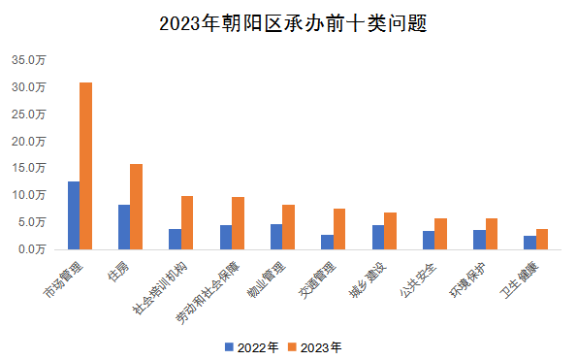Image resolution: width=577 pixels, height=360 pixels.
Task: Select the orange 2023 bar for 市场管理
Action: [85, 166]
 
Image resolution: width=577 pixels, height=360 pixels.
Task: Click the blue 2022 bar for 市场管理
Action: [74, 215]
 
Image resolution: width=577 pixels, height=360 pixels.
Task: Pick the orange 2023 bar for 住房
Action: [137, 207]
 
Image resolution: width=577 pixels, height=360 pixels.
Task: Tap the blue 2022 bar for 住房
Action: [124, 227]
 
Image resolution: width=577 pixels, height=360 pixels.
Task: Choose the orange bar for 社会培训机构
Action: [187, 222]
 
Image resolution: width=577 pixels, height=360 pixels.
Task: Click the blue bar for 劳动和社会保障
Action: [226, 237]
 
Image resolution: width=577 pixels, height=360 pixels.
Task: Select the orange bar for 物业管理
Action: [288, 227]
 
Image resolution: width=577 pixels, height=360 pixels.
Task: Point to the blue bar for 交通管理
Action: [327, 242]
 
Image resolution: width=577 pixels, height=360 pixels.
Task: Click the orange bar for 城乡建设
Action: [390, 231]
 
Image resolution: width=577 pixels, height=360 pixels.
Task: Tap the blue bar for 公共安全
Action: [429, 240]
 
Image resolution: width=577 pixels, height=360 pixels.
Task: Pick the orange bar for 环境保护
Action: [492, 234]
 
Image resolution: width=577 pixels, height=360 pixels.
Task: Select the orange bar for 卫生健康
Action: [542, 239]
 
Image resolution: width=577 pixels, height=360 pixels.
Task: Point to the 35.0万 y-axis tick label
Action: [29, 60]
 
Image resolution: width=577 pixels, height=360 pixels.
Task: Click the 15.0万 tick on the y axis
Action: [29, 168]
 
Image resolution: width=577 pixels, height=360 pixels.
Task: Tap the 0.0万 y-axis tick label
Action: [32, 249]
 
